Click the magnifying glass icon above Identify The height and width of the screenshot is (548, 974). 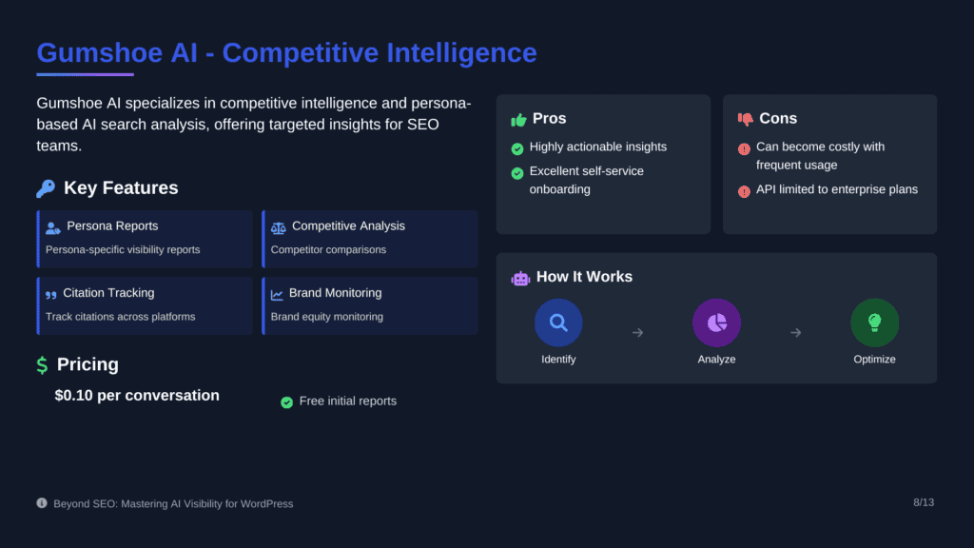click(x=558, y=323)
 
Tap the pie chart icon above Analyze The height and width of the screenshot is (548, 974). click(x=716, y=323)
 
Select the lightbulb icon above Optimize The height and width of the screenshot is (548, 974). click(x=874, y=323)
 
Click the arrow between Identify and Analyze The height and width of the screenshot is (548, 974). click(x=637, y=333)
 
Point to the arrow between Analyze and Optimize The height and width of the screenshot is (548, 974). click(x=795, y=333)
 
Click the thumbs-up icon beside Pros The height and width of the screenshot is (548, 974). click(x=518, y=119)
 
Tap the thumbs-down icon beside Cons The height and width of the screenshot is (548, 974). click(x=745, y=119)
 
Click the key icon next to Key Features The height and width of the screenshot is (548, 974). click(x=45, y=188)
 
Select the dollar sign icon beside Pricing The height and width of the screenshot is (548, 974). click(x=42, y=364)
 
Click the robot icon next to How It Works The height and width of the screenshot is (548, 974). click(x=520, y=277)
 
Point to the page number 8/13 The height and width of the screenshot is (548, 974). click(x=924, y=502)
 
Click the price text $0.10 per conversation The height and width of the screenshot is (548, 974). click(x=137, y=396)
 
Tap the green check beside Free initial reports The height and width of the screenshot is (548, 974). click(x=286, y=402)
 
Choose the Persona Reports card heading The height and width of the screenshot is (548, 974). click(x=112, y=226)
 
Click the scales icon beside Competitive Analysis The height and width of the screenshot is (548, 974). click(x=278, y=227)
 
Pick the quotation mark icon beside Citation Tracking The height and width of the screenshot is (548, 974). click(x=51, y=295)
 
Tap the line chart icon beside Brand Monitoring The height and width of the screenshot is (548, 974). click(x=277, y=295)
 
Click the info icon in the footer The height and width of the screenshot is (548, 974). click(x=42, y=503)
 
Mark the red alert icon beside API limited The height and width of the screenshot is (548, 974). click(x=744, y=191)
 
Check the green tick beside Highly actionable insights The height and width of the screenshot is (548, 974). click(x=517, y=148)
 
